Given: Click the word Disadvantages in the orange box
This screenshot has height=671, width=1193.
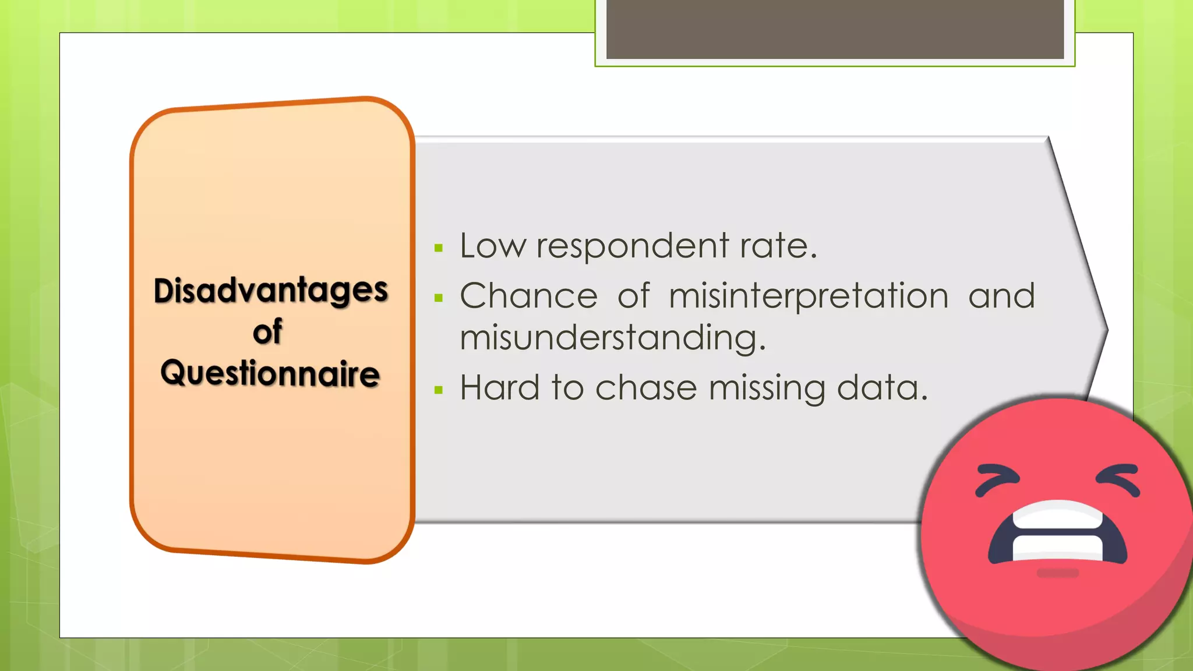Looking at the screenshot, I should [270, 291].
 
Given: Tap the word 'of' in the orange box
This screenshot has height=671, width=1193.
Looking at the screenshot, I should [267, 332].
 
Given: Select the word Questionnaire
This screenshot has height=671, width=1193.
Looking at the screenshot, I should [270, 373].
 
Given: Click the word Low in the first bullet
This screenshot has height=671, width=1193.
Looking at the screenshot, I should [492, 246].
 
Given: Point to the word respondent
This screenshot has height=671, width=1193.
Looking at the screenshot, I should [632, 247].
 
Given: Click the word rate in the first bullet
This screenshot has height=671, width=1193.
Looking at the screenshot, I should [778, 246].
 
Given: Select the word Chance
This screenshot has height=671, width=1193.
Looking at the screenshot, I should [528, 296].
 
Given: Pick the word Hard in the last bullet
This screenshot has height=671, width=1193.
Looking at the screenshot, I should [500, 388].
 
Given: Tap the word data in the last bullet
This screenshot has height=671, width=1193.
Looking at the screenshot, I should [881, 388].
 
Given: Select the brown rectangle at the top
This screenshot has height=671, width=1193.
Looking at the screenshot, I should [835, 29].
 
